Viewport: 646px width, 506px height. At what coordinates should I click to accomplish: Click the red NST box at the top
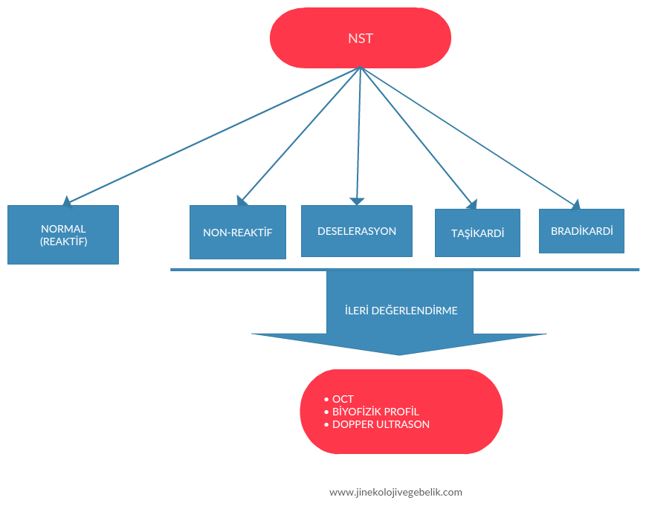360,38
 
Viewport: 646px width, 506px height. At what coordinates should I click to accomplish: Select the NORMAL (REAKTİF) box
63,235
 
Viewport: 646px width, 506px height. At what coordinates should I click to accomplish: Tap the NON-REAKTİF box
238,233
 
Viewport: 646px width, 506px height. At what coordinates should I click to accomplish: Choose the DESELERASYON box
357,231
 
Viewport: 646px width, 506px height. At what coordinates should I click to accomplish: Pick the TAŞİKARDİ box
477,233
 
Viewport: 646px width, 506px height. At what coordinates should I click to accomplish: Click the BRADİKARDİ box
581,231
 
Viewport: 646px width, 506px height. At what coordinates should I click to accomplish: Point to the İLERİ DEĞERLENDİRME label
401,311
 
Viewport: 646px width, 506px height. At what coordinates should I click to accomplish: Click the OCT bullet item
343,399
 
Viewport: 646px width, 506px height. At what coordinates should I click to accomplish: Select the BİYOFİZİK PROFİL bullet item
375,412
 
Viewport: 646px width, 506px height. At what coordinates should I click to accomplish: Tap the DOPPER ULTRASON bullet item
381,424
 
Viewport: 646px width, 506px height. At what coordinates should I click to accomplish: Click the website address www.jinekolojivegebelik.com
395,492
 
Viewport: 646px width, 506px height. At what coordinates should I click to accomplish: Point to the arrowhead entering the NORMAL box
68,201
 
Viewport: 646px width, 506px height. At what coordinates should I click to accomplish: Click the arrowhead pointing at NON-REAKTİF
242,200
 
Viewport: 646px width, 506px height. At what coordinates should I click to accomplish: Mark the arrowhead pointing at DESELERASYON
358,201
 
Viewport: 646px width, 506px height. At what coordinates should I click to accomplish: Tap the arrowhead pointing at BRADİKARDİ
575,203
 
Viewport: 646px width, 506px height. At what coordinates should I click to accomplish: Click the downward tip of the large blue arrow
400,354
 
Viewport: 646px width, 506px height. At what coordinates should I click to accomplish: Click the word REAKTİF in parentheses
63,241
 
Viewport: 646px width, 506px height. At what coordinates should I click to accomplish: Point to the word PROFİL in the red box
402,412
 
